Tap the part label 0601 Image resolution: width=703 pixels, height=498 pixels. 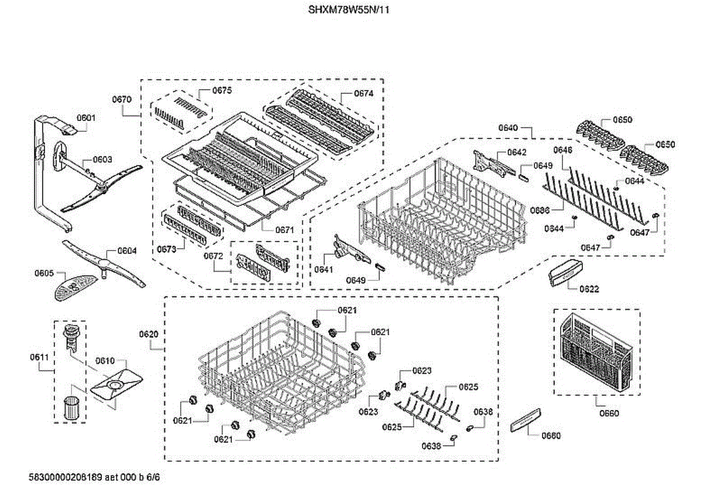coord(86,118)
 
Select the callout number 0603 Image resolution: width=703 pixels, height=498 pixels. coord(103,159)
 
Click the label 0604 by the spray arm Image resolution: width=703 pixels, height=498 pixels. coord(127,250)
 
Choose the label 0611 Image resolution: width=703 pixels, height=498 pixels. coord(39,357)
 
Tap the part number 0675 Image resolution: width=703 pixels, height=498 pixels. coord(222,90)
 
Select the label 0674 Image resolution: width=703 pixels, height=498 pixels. coord(363,93)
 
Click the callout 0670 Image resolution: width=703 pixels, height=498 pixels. coord(122,100)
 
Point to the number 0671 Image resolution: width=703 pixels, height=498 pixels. coord(284,230)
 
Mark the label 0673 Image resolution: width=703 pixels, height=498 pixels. coord(166,249)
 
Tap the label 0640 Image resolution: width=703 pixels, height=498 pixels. coord(508,127)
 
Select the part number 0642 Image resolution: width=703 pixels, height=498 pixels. coord(517,152)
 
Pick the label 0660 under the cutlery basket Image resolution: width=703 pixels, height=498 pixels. coord(609,413)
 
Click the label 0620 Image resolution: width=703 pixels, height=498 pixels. coord(149,334)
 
